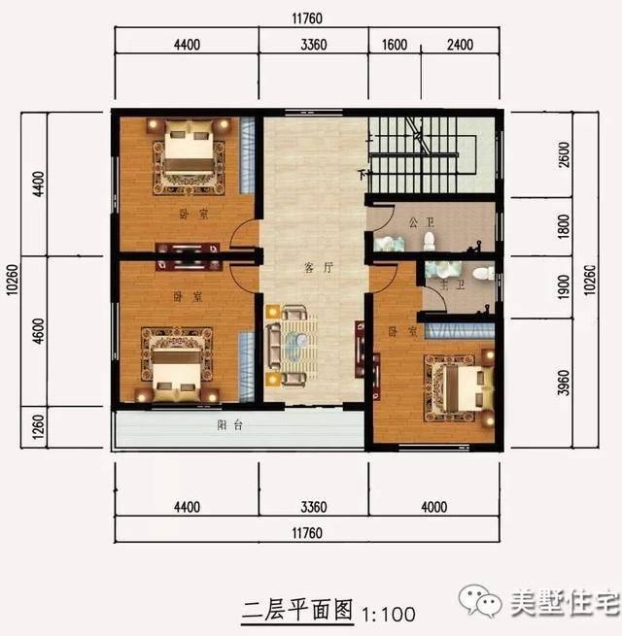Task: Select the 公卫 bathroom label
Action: click(419, 222)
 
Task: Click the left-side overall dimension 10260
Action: click(11, 282)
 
